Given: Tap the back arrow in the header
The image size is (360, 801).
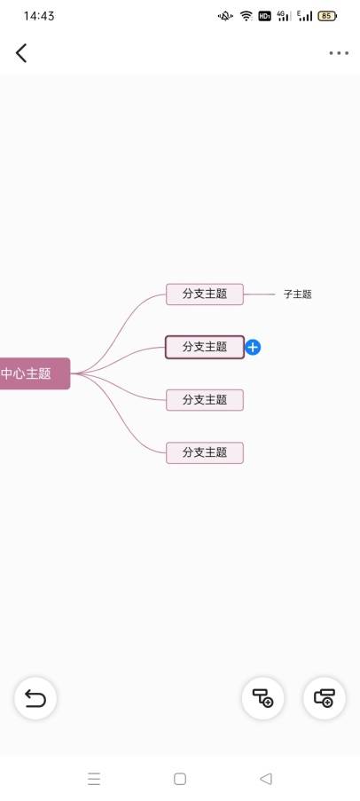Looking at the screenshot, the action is pyautogui.click(x=21, y=53).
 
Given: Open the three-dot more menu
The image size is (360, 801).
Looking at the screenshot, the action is pyautogui.click(x=339, y=53).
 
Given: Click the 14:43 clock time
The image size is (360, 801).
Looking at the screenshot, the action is pyautogui.click(x=39, y=16).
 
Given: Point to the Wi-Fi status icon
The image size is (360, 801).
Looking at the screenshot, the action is pyautogui.click(x=247, y=16).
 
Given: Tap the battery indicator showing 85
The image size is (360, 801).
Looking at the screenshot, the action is pyautogui.click(x=327, y=16).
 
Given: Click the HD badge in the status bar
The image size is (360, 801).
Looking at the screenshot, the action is pyautogui.click(x=264, y=16).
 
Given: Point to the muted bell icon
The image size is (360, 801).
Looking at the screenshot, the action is pyautogui.click(x=225, y=16).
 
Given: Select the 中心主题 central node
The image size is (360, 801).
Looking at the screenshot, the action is pyautogui.click(x=35, y=373).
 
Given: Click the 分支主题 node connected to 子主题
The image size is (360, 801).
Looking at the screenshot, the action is pyautogui.click(x=205, y=294).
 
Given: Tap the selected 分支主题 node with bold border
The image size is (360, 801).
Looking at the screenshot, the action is pyautogui.click(x=205, y=347).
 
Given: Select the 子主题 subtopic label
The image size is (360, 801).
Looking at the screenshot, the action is pyautogui.click(x=298, y=294).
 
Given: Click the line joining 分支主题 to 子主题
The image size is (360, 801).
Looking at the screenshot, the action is pyautogui.click(x=260, y=294).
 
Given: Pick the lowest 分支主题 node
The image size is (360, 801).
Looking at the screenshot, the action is pyautogui.click(x=205, y=452).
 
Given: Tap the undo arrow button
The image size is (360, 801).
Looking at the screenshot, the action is pyautogui.click(x=35, y=698).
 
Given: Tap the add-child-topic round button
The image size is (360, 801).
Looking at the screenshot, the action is pyautogui.click(x=263, y=698).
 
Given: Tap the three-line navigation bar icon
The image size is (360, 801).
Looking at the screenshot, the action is pyautogui.click(x=94, y=779).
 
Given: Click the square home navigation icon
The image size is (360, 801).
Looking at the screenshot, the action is pyautogui.click(x=180, y=779).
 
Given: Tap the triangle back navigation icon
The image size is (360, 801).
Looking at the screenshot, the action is pyautogui.click(x=265, y=779).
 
